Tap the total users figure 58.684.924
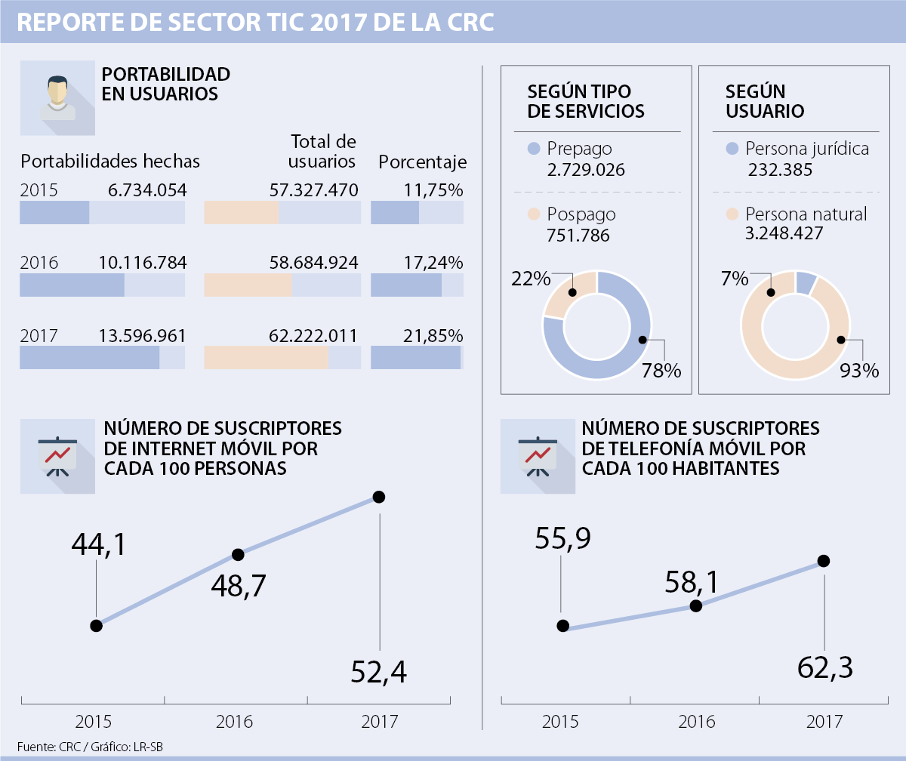pos(313,263)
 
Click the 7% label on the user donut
pos(735,279)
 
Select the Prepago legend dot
pos(535,149)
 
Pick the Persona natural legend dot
pos(732,214)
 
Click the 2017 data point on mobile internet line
pos(379,497)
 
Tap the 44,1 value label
pos(99,544)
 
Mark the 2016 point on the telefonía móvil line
pos(696,605)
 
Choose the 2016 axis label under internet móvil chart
pos(235,722)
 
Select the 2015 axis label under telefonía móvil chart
pos(561,722)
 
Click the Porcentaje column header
pos(422,162)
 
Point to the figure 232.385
pos(780,170)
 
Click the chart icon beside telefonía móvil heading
pos(538,456)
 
